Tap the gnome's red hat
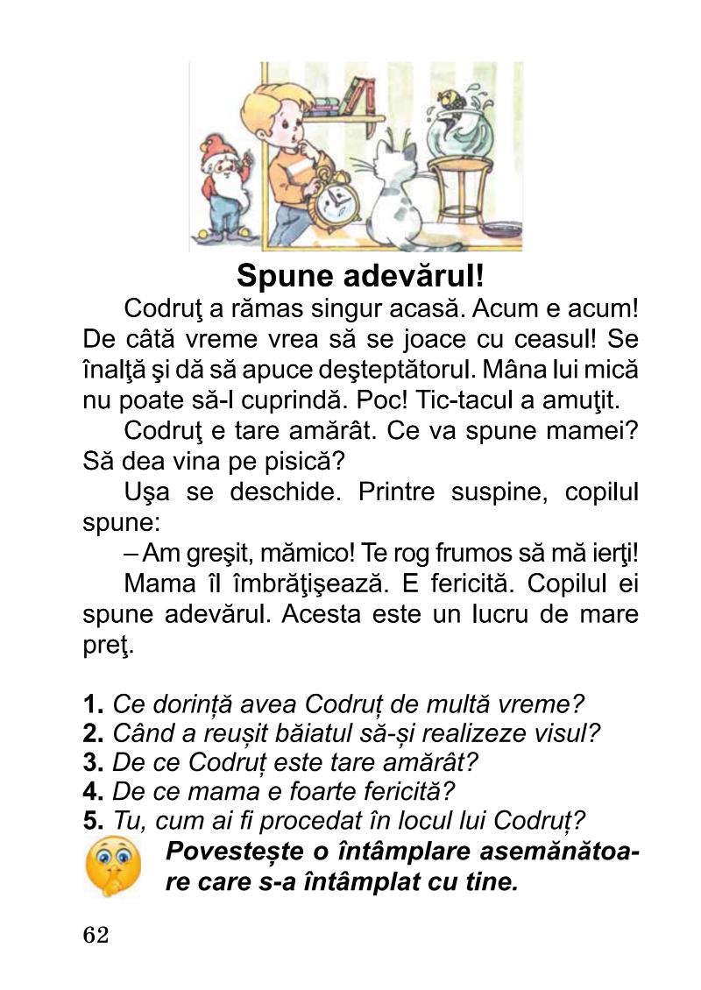click(214, 148)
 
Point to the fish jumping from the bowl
click(453, 97)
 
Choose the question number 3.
click(94, 761)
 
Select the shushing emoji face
click(112, 866)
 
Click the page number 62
click(96, 936)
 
